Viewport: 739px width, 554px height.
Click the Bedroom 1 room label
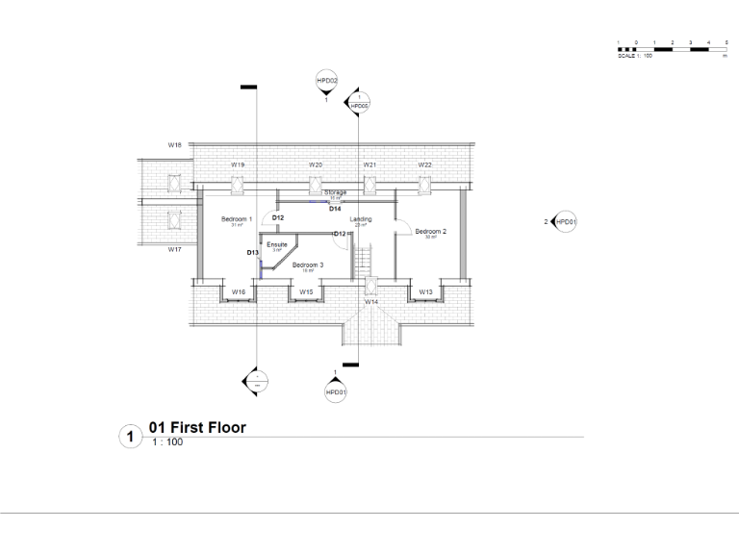pos(236,219)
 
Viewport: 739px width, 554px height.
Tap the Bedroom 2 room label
pos(430,231)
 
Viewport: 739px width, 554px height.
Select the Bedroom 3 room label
pos(308,264)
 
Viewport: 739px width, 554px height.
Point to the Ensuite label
pos(277,245)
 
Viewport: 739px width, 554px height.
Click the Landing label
pos(361,219)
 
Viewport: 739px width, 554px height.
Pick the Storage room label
pos(335,192)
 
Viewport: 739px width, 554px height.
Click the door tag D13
pos(252,252)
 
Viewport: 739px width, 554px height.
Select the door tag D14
pos(335,208)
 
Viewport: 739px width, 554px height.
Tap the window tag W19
pos(238,164)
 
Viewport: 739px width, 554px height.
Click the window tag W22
pos(424,164)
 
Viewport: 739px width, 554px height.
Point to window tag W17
pos(175,249)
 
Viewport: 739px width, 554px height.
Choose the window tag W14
pos(371,301)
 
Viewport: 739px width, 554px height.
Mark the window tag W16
pos(238,290)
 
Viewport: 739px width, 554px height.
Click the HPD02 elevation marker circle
pos(326,81)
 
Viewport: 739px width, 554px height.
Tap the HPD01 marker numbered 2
pos(566,222)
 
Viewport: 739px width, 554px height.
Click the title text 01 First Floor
pos(197,427)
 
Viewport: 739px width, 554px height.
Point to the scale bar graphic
pos(671,48)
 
